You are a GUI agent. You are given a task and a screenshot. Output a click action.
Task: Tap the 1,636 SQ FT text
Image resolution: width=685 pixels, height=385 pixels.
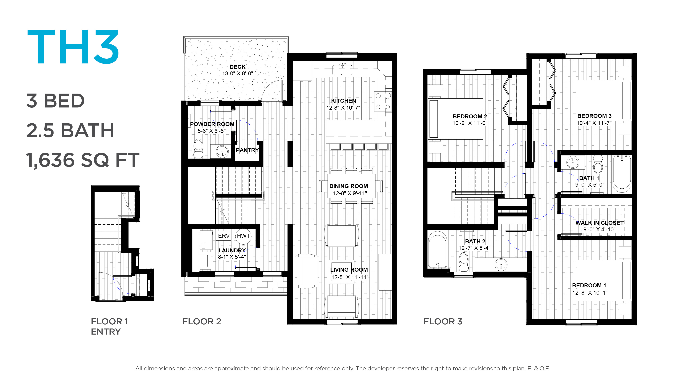click(83, 160)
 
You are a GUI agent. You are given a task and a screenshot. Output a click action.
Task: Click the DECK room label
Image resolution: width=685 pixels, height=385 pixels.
click(237, 67)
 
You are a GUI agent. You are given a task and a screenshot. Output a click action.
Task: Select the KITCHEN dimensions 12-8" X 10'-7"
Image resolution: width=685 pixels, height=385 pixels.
click(343, 108)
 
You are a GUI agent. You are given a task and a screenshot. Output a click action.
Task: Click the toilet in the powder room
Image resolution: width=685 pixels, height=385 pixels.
click(198, 148)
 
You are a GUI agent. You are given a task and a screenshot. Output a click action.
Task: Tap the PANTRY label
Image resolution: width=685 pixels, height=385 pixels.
click(247, 150)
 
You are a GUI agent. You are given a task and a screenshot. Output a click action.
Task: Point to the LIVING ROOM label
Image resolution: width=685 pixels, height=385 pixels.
click(349, 270)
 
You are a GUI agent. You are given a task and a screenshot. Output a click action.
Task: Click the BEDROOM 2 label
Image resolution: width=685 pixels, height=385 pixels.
click(470, 116)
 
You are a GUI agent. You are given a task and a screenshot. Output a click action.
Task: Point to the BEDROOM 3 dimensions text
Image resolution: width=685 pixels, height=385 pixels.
click(594, 123)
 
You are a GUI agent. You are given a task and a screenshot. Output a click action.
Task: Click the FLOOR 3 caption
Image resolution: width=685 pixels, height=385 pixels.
click(443, 322)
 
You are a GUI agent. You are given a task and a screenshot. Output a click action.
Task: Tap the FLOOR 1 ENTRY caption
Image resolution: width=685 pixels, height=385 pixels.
click(109, 327)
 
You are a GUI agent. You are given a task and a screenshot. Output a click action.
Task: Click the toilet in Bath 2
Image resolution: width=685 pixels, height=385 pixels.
click(464, 262)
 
